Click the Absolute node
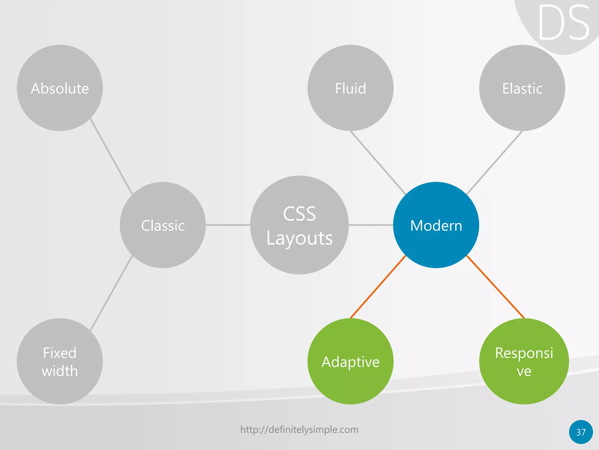[60, 88]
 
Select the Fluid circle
[350, 88]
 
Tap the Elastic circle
[522, 88]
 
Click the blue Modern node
[436, 225]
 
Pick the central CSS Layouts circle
[299, 225]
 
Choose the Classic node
[163, 225]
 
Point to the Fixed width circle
[60, 361]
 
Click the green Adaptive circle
[350, 361]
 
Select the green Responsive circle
[524, 361]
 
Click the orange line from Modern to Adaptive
[378, 287]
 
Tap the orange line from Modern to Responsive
[495, 287]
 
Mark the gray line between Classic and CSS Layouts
[228, 225]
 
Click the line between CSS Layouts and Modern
[371, 225]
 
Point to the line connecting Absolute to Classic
[111, 156]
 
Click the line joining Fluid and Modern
[378, 163]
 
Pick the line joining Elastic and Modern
[494, 163]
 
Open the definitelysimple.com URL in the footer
[299, 429]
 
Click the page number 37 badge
[581, 432]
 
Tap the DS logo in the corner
[563, 23]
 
